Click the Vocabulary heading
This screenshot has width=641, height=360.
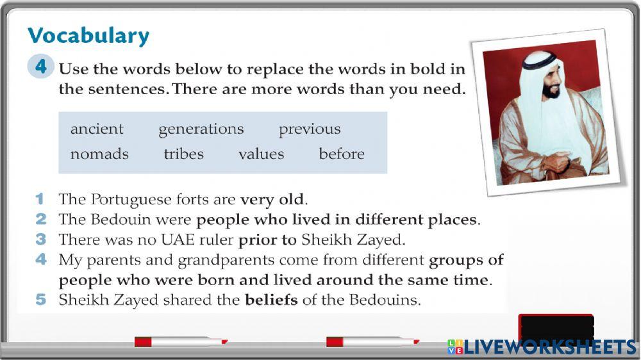(x=88, y=35)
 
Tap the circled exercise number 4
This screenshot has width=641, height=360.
(x=40, y=67)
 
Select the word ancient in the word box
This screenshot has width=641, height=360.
(x=97, y=129)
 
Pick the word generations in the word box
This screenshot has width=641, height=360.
(x=201, y=129)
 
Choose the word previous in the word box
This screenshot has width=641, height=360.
(x=310, y=129)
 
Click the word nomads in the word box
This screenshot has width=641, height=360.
(x=99, y=154)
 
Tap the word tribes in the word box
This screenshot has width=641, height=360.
(x=183, y=154)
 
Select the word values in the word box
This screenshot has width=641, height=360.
(x=261, y=154)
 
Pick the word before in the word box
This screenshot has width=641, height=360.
(x=342, y=154)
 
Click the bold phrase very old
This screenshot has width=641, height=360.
(x=274, y=199)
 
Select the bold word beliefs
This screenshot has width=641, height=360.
(x=271, y=300)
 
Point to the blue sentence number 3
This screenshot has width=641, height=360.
(x=41, y=240)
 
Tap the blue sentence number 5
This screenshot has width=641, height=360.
(x=41, y=300)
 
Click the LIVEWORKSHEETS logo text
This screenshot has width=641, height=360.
(x=550, y=347)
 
